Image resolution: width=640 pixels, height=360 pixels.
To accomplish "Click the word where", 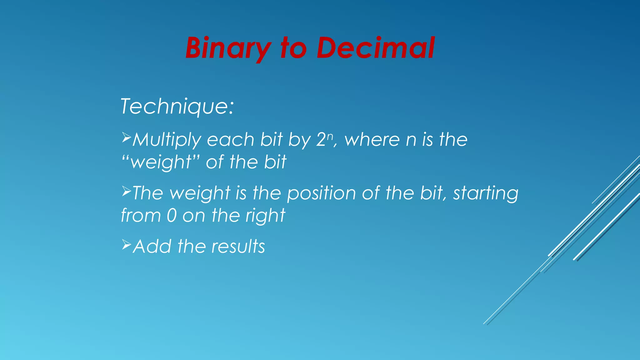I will coord(372,140).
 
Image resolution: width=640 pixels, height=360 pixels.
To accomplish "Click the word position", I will coord(322,193).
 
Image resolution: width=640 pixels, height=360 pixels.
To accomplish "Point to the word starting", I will coord(486,193).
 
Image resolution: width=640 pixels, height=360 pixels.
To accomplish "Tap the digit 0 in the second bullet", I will coord(172,216).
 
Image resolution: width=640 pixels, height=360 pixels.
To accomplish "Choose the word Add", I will coord(152,247).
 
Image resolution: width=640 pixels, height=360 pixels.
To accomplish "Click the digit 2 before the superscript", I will coord(321,140).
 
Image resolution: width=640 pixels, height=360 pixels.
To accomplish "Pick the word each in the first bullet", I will coord(231,140).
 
